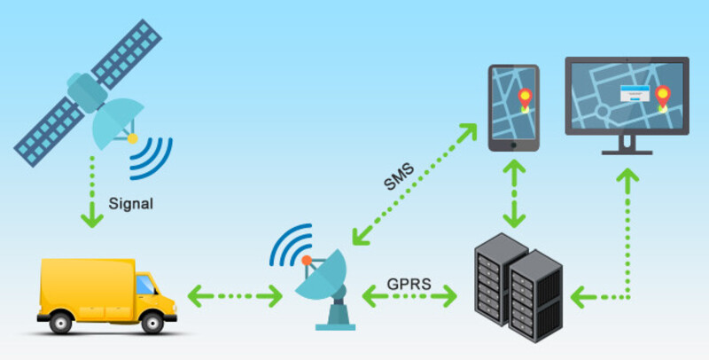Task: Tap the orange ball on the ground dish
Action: click(x=306, y=260)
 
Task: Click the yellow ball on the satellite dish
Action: click(x=132, y=138)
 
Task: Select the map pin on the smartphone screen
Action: click(x=524, y=98)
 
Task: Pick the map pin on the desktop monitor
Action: click(x=660, y=94)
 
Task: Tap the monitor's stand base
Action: click(x=627, y=151)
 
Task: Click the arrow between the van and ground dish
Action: click(x=233, y=293)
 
